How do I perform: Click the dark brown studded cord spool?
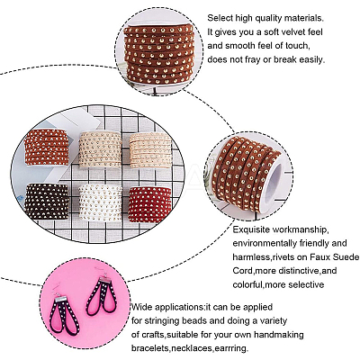point(47,202)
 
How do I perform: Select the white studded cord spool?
point(100,202)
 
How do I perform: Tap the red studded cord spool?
point(149,204)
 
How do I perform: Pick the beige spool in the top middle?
point(100,149)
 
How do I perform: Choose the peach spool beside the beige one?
point(150,150)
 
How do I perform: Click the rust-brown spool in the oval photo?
point(47,147)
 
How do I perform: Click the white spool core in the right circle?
point(274,184)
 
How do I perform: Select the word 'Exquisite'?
point(251,230)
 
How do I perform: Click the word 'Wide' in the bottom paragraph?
point(140,307)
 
